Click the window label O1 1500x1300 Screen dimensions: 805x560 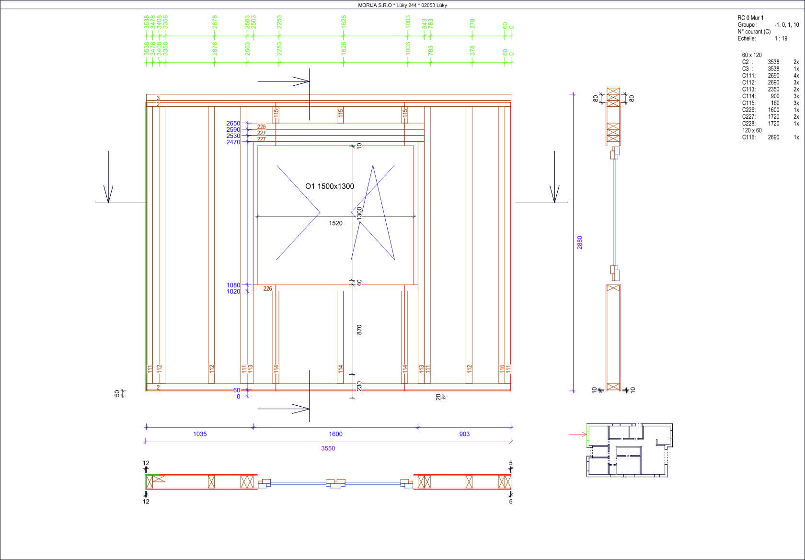(x=330, y=186)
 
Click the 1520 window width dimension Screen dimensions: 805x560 (x=335, y=223)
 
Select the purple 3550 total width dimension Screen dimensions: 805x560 (x=328, y=448)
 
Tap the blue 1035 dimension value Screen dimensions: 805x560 (x=200, y=434)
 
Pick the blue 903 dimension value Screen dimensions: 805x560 (x=464, y=434)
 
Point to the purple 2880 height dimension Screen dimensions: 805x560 (x=579, y=242)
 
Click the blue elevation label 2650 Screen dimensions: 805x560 (x=233, y=123)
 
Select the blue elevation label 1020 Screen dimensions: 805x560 (x=233, y=291)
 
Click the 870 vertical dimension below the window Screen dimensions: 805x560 (x=359, y=330)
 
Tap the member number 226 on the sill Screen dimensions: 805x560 (x=267, y=288)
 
